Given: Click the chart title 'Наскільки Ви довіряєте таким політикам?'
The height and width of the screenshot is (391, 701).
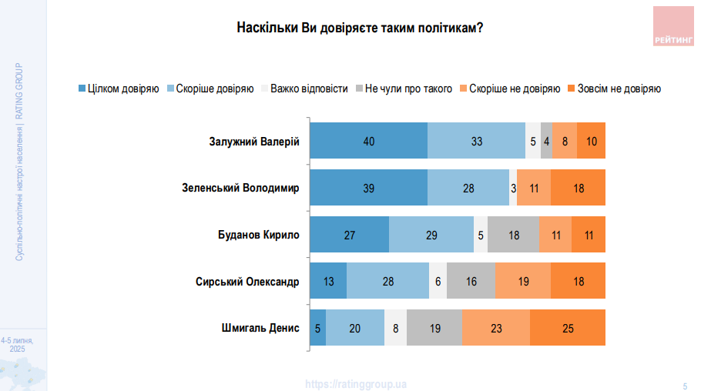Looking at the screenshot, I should coord(360,28).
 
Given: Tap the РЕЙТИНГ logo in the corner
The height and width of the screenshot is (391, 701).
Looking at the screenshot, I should coord(672,27).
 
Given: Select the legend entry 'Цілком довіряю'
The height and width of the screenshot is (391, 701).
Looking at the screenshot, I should coord(119,89).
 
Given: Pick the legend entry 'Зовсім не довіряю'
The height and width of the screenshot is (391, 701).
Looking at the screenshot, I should coord(619,89).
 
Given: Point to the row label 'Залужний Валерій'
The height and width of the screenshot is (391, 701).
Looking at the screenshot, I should coord(253,141).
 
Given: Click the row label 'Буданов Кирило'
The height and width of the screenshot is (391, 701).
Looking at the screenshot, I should coord(259,235).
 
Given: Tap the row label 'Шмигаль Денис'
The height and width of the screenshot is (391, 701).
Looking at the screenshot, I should coord(260,328).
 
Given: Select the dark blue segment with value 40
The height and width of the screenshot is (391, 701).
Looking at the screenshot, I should coord(368,141).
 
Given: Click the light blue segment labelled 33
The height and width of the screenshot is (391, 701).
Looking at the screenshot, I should coord(476,141).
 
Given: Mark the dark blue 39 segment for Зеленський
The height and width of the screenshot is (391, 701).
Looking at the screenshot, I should coord(368,188).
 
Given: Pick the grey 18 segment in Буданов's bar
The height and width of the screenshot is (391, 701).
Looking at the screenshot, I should coord(515,235).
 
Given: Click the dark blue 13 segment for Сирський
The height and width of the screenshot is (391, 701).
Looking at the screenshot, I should coord(328,282).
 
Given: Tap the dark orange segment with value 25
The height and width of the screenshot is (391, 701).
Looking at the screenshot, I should coord(568,328).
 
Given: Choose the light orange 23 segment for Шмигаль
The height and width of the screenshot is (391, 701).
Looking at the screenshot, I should coord(496,328).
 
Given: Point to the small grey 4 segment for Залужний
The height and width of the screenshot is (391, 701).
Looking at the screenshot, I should coord(546,141).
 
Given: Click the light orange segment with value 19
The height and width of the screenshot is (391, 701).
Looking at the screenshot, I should coord(523,282).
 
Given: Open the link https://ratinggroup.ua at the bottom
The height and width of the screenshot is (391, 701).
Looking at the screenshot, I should coord(356,383).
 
